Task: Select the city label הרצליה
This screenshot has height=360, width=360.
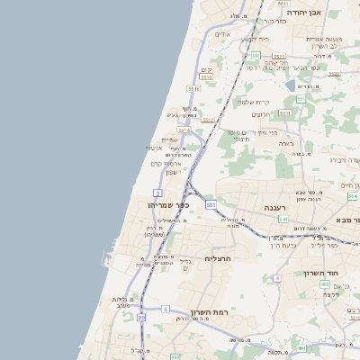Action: (219, 259)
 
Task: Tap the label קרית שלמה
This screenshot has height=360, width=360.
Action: (256, 102)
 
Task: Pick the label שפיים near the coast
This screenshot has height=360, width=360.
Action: (169, 139)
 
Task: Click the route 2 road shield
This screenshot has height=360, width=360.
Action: (158, 193)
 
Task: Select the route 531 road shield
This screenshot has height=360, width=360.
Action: (211, 205)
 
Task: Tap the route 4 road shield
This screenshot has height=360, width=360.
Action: (278, 278)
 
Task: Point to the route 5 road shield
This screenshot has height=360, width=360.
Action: (166, 309)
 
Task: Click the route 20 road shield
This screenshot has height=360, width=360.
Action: (142, 317)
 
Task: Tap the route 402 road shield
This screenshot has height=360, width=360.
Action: (325, 283)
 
